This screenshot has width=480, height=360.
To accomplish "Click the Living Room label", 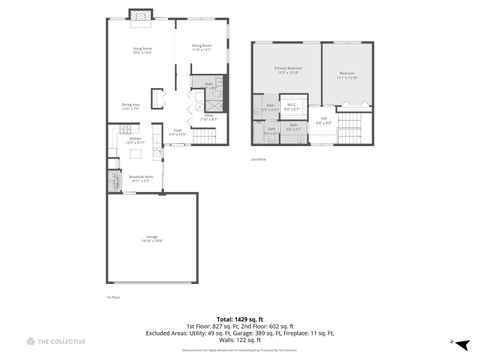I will (141, 51).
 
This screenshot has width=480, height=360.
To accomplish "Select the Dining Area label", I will (130, 106).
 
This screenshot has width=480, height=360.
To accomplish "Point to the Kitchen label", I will (135, 141).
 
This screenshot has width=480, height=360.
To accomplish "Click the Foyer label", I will (176, 131).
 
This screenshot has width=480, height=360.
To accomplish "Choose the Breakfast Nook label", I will (141, 178).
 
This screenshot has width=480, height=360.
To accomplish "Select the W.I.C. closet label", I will (291, 107).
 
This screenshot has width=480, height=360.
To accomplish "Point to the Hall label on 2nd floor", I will (323, 121).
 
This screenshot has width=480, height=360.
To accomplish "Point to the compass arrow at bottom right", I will (451, 342).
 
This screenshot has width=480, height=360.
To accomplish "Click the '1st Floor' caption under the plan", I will (112, 297).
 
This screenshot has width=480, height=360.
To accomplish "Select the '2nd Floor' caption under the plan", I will (259, 158).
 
